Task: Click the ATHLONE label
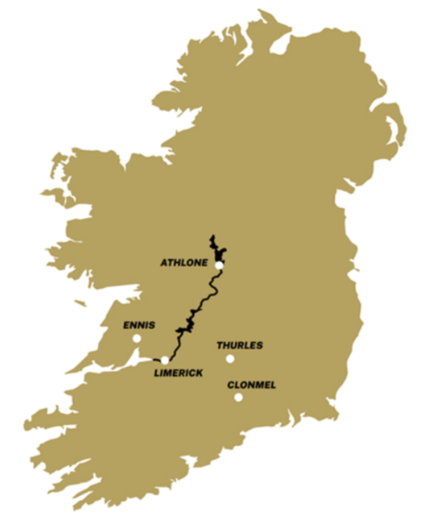pos(184,262)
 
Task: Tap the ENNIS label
pos(139,325)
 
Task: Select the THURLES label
pos(240,345)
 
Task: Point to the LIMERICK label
pos(178,373)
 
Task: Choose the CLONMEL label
pos(251,385)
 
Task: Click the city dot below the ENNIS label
pos(136,338)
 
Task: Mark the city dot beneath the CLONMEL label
pos(238,397)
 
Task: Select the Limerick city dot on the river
pos(164,360)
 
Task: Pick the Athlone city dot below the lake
pos(219,265)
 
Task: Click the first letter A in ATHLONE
pos(164,262)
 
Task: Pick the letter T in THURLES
pos(219,345)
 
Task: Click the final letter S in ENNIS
pos(152,325)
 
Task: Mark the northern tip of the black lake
pos(211,237)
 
